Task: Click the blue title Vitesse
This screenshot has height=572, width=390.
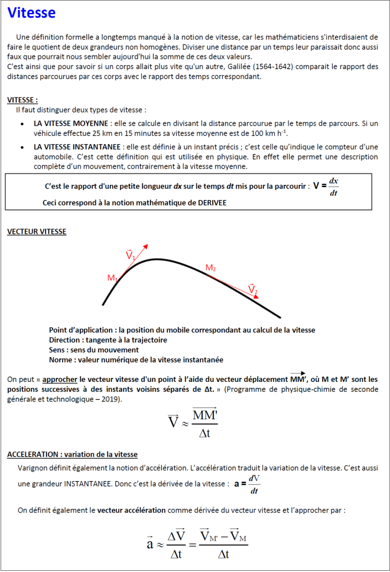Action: tap(31, 13)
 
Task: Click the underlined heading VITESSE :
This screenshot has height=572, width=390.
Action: tap(22, 100)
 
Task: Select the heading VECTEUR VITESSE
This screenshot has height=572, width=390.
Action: tap(37, 232)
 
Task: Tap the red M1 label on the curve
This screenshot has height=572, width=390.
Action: tap(112, 277)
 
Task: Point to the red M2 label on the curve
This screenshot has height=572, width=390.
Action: tap(210, 269)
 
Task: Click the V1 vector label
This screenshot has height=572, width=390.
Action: tap(131, 255)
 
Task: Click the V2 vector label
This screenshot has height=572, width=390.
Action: tap(253, 289)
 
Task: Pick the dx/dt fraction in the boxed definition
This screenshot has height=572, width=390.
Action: tap(334, 187)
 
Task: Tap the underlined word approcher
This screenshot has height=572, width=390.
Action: tap(60, 380)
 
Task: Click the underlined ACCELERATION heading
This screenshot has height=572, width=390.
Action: tap(72, 455)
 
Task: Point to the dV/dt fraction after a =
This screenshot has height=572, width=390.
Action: tap(254, 484)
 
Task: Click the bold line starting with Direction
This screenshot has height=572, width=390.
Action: tap(108, 340)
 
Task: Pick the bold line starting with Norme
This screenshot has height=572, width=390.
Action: tap(136, 360)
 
